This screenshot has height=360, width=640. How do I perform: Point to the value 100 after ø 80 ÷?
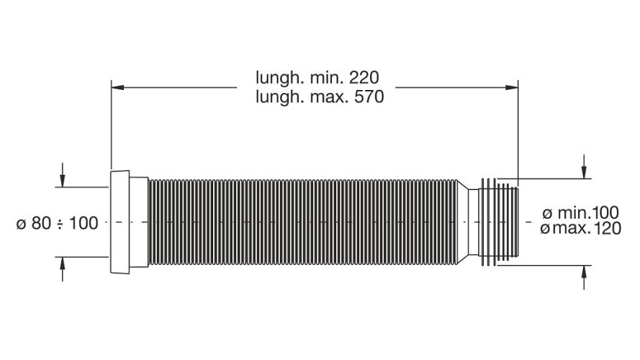coord(84,223)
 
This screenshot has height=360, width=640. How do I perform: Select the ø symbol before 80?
coord(22,224)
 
